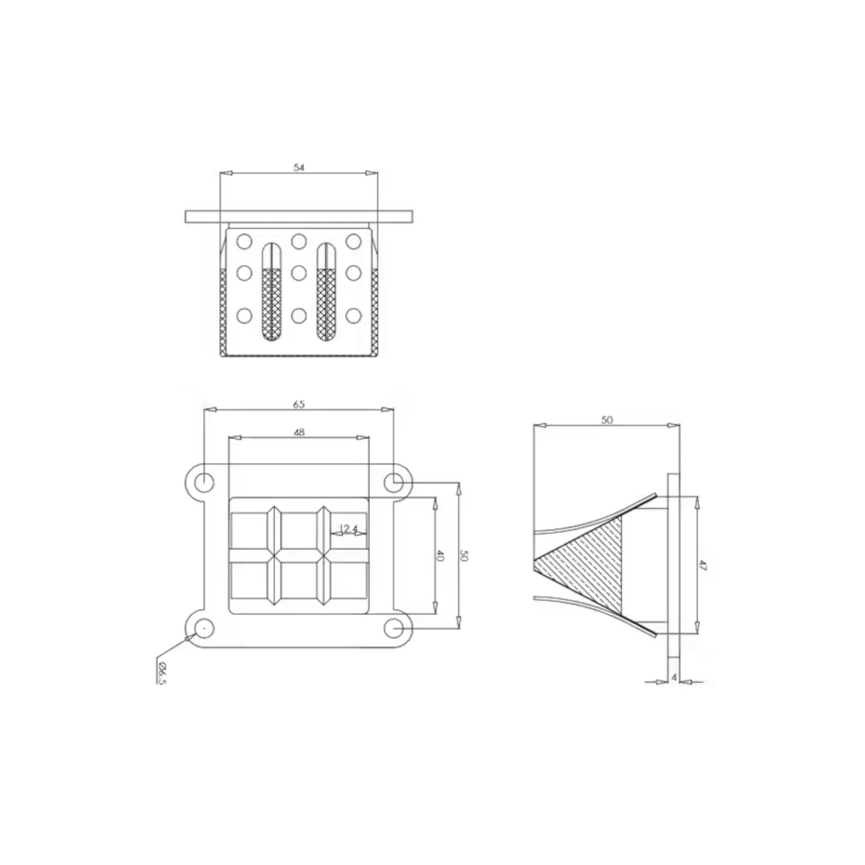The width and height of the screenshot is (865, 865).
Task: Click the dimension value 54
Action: coord(299,168)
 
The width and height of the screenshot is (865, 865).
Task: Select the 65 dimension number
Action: coord(299,404)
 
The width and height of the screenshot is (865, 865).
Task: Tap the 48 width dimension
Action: coord(299,432)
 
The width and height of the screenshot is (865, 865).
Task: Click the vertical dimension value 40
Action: coord(440,557)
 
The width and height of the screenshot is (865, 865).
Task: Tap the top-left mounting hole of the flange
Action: coord(204,483)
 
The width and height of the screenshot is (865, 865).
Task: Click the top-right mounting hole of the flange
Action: coord(394,483)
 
